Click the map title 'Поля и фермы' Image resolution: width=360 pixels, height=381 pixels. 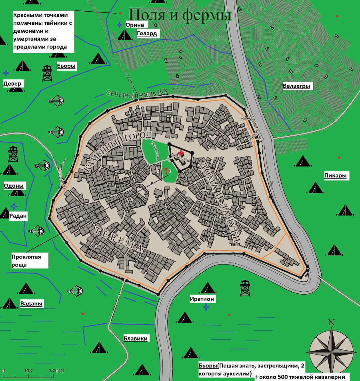(181, 15)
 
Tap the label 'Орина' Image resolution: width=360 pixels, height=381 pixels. (134, 25)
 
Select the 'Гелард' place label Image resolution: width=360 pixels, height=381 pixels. (146, 34)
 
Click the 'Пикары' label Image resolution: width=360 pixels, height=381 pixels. (335, 175)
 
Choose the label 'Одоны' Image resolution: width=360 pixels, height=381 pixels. (14, 186)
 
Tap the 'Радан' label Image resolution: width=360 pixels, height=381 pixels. (18, 216)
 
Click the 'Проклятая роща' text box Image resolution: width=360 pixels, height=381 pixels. (29, 260)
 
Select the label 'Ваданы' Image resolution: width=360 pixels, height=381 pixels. (32, 303)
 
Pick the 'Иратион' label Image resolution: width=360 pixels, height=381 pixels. (202, 299)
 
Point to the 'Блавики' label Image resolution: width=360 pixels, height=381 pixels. (135, 338)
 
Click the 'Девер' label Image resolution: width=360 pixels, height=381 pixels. (12, 84)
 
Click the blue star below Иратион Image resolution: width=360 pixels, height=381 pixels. (206, 307)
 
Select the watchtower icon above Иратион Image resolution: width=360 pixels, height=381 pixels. (245, 288)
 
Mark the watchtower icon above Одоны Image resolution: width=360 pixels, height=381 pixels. (13, 154)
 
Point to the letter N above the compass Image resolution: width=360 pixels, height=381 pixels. (331, 322)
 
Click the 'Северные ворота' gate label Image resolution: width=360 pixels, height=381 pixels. (135, 93)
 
